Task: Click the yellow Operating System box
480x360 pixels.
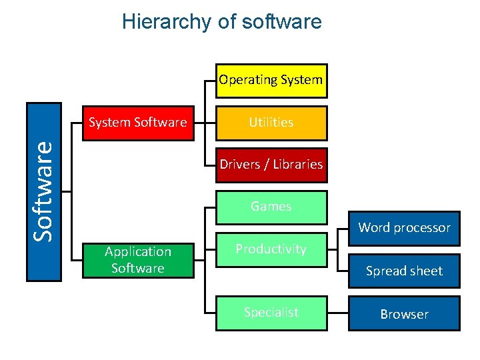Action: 271,81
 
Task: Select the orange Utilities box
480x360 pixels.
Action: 271,123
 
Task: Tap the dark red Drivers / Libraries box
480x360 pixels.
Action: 271,165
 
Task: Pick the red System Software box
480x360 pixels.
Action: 138,123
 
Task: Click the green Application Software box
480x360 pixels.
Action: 138,260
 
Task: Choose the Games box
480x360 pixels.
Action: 271,207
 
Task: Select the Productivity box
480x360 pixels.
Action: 271,249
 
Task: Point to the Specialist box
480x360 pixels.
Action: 271,313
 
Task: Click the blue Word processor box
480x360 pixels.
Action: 404,227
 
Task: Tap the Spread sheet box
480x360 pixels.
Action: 404,271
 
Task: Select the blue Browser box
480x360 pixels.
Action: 404,314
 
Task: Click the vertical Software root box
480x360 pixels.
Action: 44,192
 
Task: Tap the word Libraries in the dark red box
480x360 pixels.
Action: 297,165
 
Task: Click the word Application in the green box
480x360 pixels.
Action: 138,252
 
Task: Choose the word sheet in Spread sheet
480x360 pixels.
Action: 425,271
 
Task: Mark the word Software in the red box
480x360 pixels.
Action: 161,123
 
